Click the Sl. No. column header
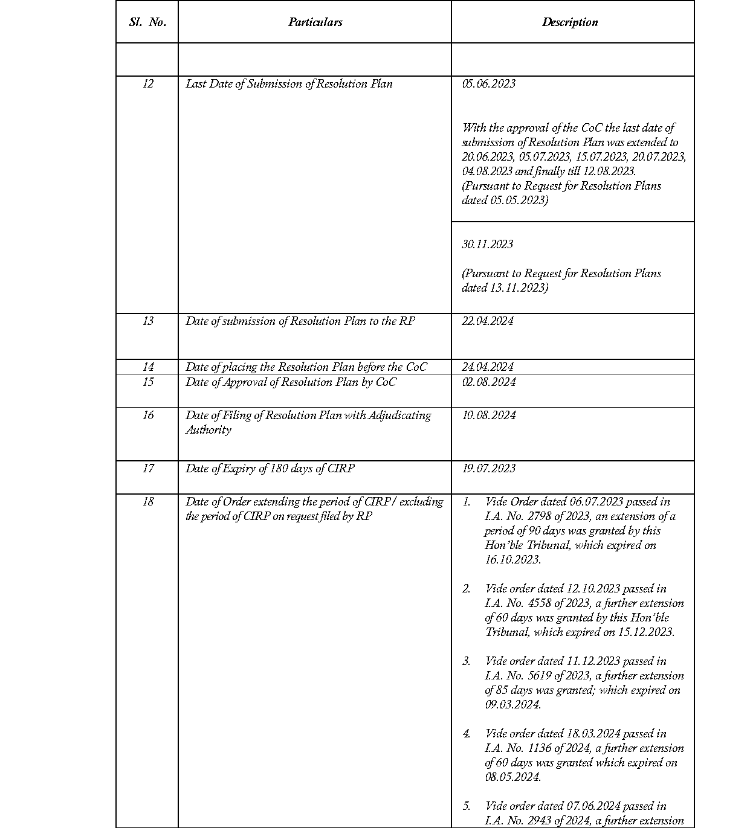pyautogui.click(x=147, y=22)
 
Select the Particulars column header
pyautogui.click(x=315, y=22)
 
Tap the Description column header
pyautogui.click(x=570, y=22)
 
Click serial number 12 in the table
pyautogui.click(x=148, y=84)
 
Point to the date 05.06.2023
pyautogui.click(x=488, y=84)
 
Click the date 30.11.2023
pyautogui.click(x=487, y=245)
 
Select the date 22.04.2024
pyautogui.click(x=487, y=321)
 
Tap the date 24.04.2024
pyautogui.click(x=487, y=367)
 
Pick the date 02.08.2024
pyautogui.click(x=488, y=382)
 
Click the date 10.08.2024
pyautogui.click(x=488, y=416)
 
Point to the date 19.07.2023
pyautogui.click(x=488, y=469)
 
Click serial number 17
pyautogui.click(x=148, y=469)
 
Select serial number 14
pyautogui.click(x=148, y=367)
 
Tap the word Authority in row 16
pyautogui.click(x=208, y=430)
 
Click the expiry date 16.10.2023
pyautogui.click(x=512, y=560)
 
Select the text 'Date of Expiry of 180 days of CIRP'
pyautogui.click(x=270, y=469)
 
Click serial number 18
pyautogui.click(x=148, y=502)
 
